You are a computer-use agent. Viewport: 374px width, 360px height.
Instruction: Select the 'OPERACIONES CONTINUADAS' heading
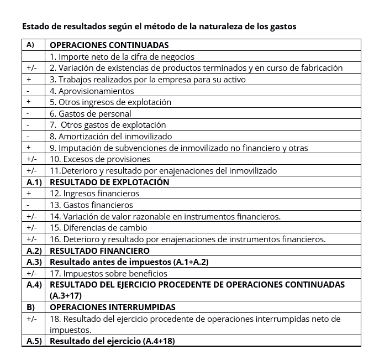pos(109,45)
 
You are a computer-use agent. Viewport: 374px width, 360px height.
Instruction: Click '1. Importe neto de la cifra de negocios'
pos(122,56)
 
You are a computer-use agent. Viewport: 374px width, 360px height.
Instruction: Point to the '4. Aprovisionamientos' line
pos(92,91)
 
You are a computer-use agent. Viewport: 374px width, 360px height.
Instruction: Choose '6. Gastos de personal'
pos(90,113)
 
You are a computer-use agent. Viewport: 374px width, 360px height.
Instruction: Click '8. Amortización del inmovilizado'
pos(110,136)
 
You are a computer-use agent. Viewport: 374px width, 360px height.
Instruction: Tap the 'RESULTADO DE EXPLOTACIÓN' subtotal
pos(109,182)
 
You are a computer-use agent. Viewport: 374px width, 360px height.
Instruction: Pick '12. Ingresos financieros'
pos(94,194)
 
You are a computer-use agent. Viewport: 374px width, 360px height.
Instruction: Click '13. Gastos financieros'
pos(91,205)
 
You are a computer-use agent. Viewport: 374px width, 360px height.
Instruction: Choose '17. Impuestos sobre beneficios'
pos(108,273)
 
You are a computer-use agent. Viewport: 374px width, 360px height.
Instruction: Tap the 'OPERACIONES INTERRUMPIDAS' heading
pos(113,307)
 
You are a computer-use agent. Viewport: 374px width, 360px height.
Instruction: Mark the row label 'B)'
pos(31,307)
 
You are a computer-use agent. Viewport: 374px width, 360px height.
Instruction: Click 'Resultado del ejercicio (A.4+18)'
pos(112,341)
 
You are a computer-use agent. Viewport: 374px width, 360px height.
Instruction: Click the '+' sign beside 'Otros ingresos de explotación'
pos(29,102)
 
